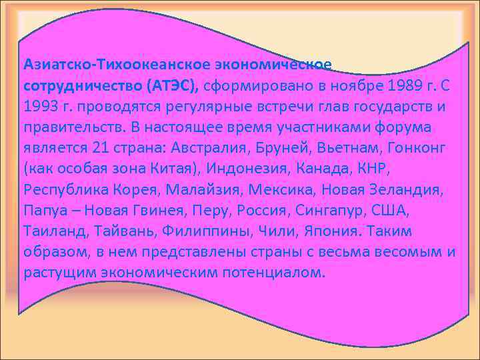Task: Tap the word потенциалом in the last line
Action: pyautogui.click(x=281, y=273)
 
